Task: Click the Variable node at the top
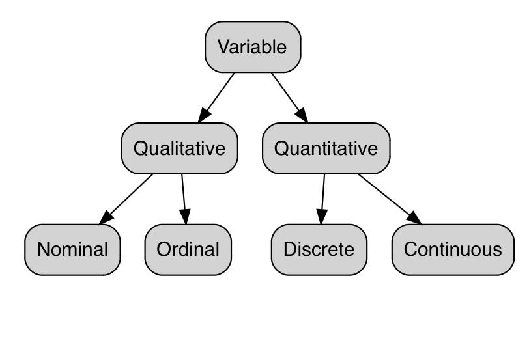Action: tap(253, 47)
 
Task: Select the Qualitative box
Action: tap(179, 148)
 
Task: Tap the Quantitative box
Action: tap(326, 148)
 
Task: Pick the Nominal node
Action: tap(72, 249)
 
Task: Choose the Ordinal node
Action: tap(188, 249)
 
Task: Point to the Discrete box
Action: tap(319, 249)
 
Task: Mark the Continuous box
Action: tap(453, 249)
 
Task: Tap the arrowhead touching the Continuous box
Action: tap(414, 217)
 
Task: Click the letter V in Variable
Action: tap(223, 47)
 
